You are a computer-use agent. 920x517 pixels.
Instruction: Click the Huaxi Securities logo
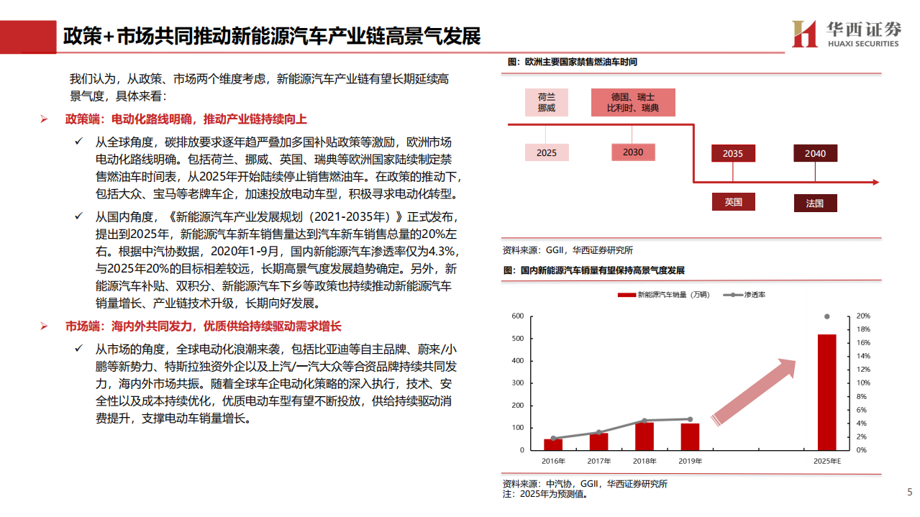point(845,33)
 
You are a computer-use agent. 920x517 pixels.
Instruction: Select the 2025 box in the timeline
point(546,152)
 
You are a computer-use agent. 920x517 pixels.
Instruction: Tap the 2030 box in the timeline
point(633,152)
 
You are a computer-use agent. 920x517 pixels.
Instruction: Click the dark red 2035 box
point(732,153)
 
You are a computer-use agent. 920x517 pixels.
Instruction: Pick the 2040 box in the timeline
point(815,153)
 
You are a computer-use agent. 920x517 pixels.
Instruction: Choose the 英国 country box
point(732,202)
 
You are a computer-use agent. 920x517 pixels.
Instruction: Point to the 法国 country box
point(815,203)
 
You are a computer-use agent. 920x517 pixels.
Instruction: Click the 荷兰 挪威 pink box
point(546,102)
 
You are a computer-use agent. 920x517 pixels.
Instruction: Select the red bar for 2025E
point(826,392)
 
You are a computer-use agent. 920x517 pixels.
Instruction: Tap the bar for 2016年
point(553,444)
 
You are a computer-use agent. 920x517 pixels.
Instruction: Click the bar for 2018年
point(645,436)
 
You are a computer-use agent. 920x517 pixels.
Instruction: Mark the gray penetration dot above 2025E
point(826,316)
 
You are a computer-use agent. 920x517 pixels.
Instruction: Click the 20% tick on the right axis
point(864,316)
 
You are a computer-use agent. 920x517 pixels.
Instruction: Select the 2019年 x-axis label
point(691,461)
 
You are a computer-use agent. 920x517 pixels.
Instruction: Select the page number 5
point(909,493)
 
